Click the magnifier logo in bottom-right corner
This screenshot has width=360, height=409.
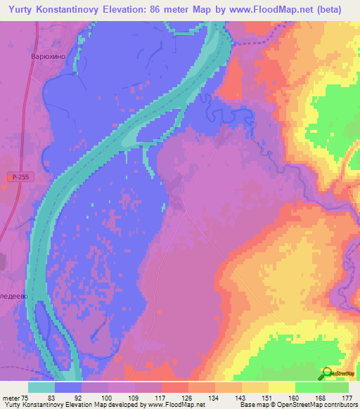pos(328,374)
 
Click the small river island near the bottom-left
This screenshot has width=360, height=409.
pos(49,330)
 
